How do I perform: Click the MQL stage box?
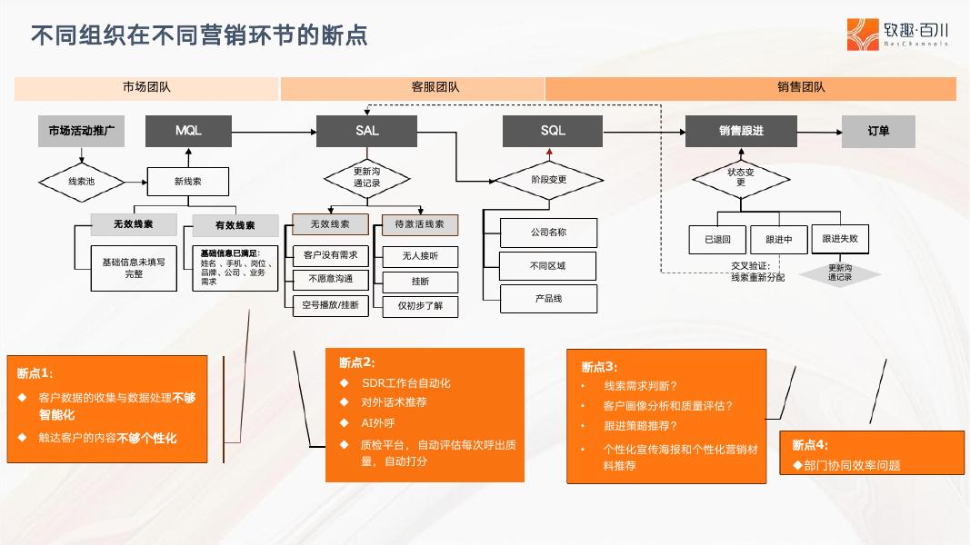[189, 131]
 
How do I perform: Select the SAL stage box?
[366, 131]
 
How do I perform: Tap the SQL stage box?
[552, 131]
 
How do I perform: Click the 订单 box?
[877, 131]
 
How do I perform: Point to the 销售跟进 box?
[740, 131]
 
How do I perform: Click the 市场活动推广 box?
[82, 131]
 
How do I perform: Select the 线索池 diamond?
[81, 182]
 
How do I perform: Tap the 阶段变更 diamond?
[548, 180]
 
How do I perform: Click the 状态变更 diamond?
[740, 176]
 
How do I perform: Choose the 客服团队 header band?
[412, 88]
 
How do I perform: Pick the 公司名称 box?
[548, 233]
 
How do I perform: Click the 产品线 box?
[548, 298]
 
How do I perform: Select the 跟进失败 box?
[839, 239]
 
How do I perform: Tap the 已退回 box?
[717, 240]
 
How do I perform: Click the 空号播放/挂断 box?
[330, 305]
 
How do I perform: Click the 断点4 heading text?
[810, 445]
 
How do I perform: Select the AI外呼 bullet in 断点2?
[378, 422]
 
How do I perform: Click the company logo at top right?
[898, 34]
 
